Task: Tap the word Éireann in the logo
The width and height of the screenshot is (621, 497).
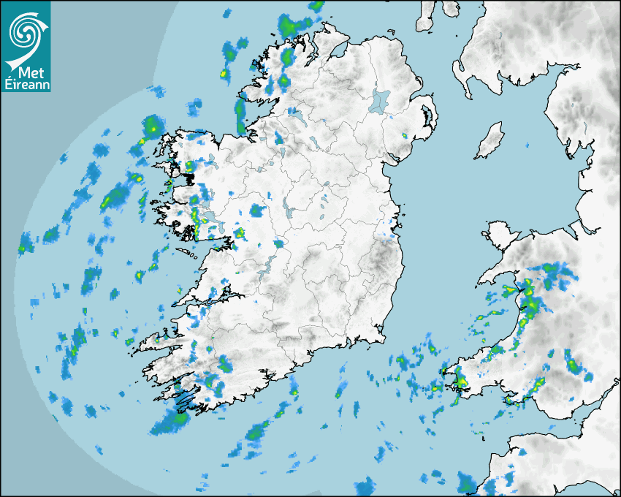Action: (x=27, y=85)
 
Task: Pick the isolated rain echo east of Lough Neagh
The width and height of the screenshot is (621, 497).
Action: (x=405, y=135)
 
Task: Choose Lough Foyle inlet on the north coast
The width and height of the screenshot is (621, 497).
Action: (x=338, y=50)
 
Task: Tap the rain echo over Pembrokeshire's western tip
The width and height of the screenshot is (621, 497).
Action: (x=460, y=382)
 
